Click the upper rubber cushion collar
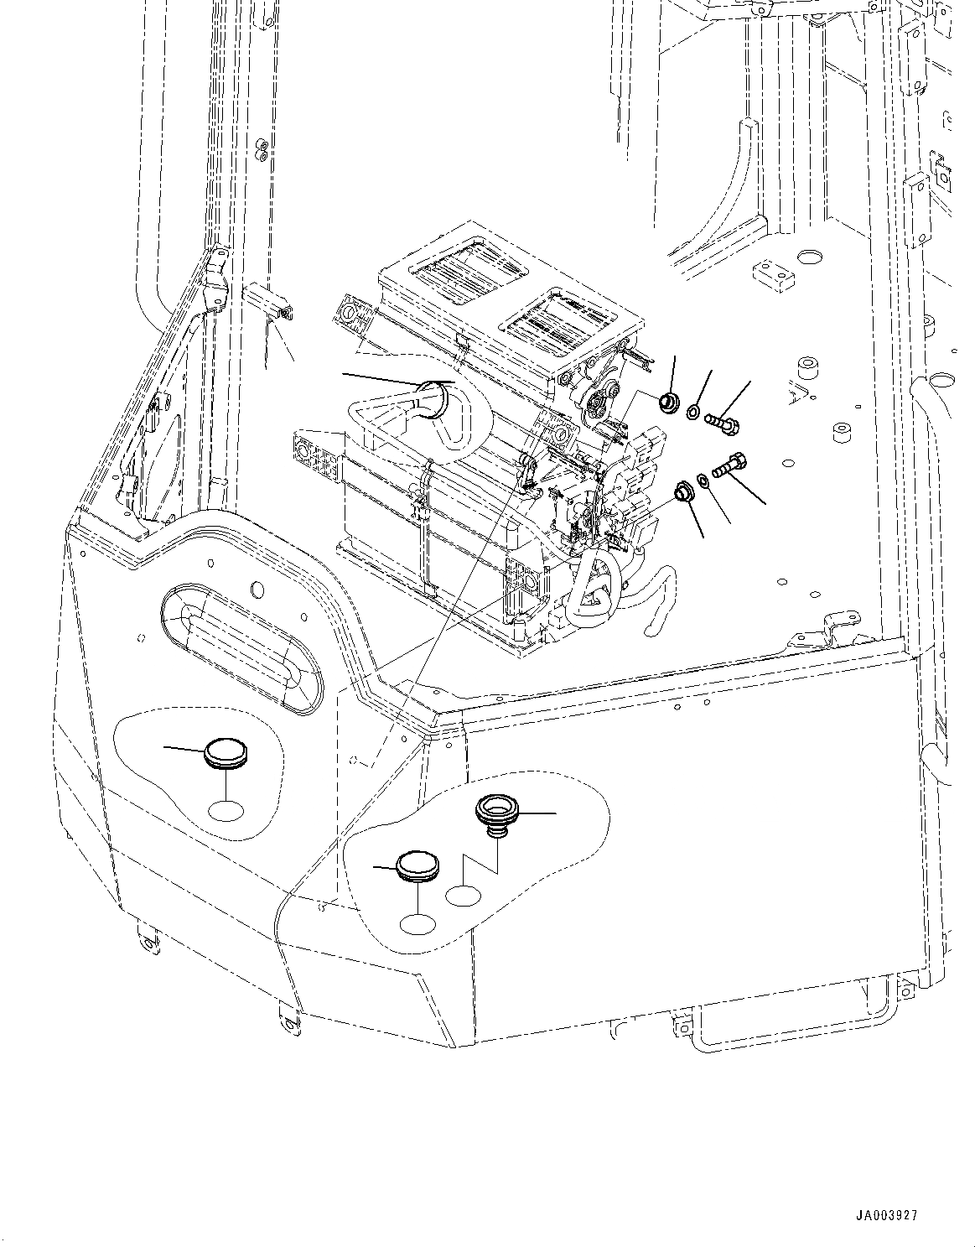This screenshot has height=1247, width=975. (x=669, y=401)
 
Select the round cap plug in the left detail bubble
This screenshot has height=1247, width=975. (x=226, y=753)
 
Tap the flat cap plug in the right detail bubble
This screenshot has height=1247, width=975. (x=417, y=866)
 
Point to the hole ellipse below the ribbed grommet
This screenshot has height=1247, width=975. (x=464, y=896)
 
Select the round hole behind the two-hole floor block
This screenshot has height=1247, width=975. (x=811, y=255)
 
